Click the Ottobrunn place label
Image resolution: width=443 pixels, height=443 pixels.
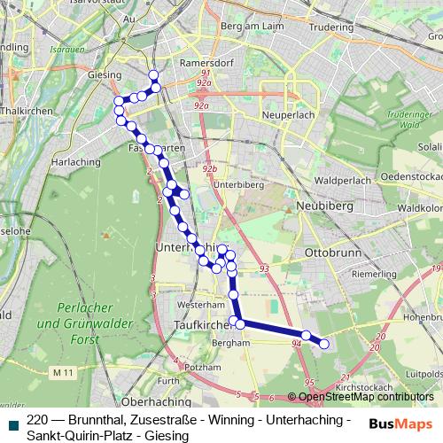click(329, 253)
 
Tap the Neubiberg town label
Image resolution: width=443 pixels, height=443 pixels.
click(330, 206)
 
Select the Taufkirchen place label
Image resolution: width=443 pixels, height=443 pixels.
click(190, 327)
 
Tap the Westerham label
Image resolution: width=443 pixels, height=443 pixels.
click(196, 303)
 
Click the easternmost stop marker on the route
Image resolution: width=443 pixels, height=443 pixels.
click(323, 344)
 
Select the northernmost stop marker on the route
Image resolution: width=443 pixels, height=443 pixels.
click(154, 75)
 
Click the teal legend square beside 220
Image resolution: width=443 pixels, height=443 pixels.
click(12, 424)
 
